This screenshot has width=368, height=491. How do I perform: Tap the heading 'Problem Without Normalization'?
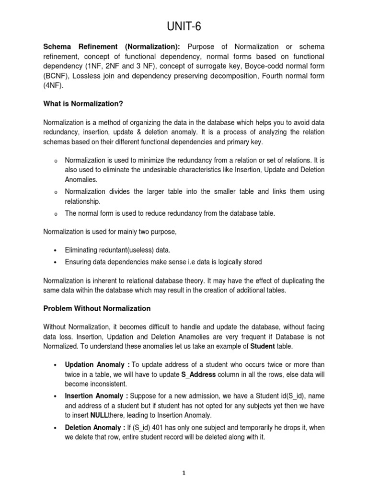pyautogui.click(x=97, y=308)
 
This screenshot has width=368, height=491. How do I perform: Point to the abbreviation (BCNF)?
pyautogui.click(x=57, y=76)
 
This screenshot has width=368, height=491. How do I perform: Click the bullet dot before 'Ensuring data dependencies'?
pyautogui.click(x=56, y=262)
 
